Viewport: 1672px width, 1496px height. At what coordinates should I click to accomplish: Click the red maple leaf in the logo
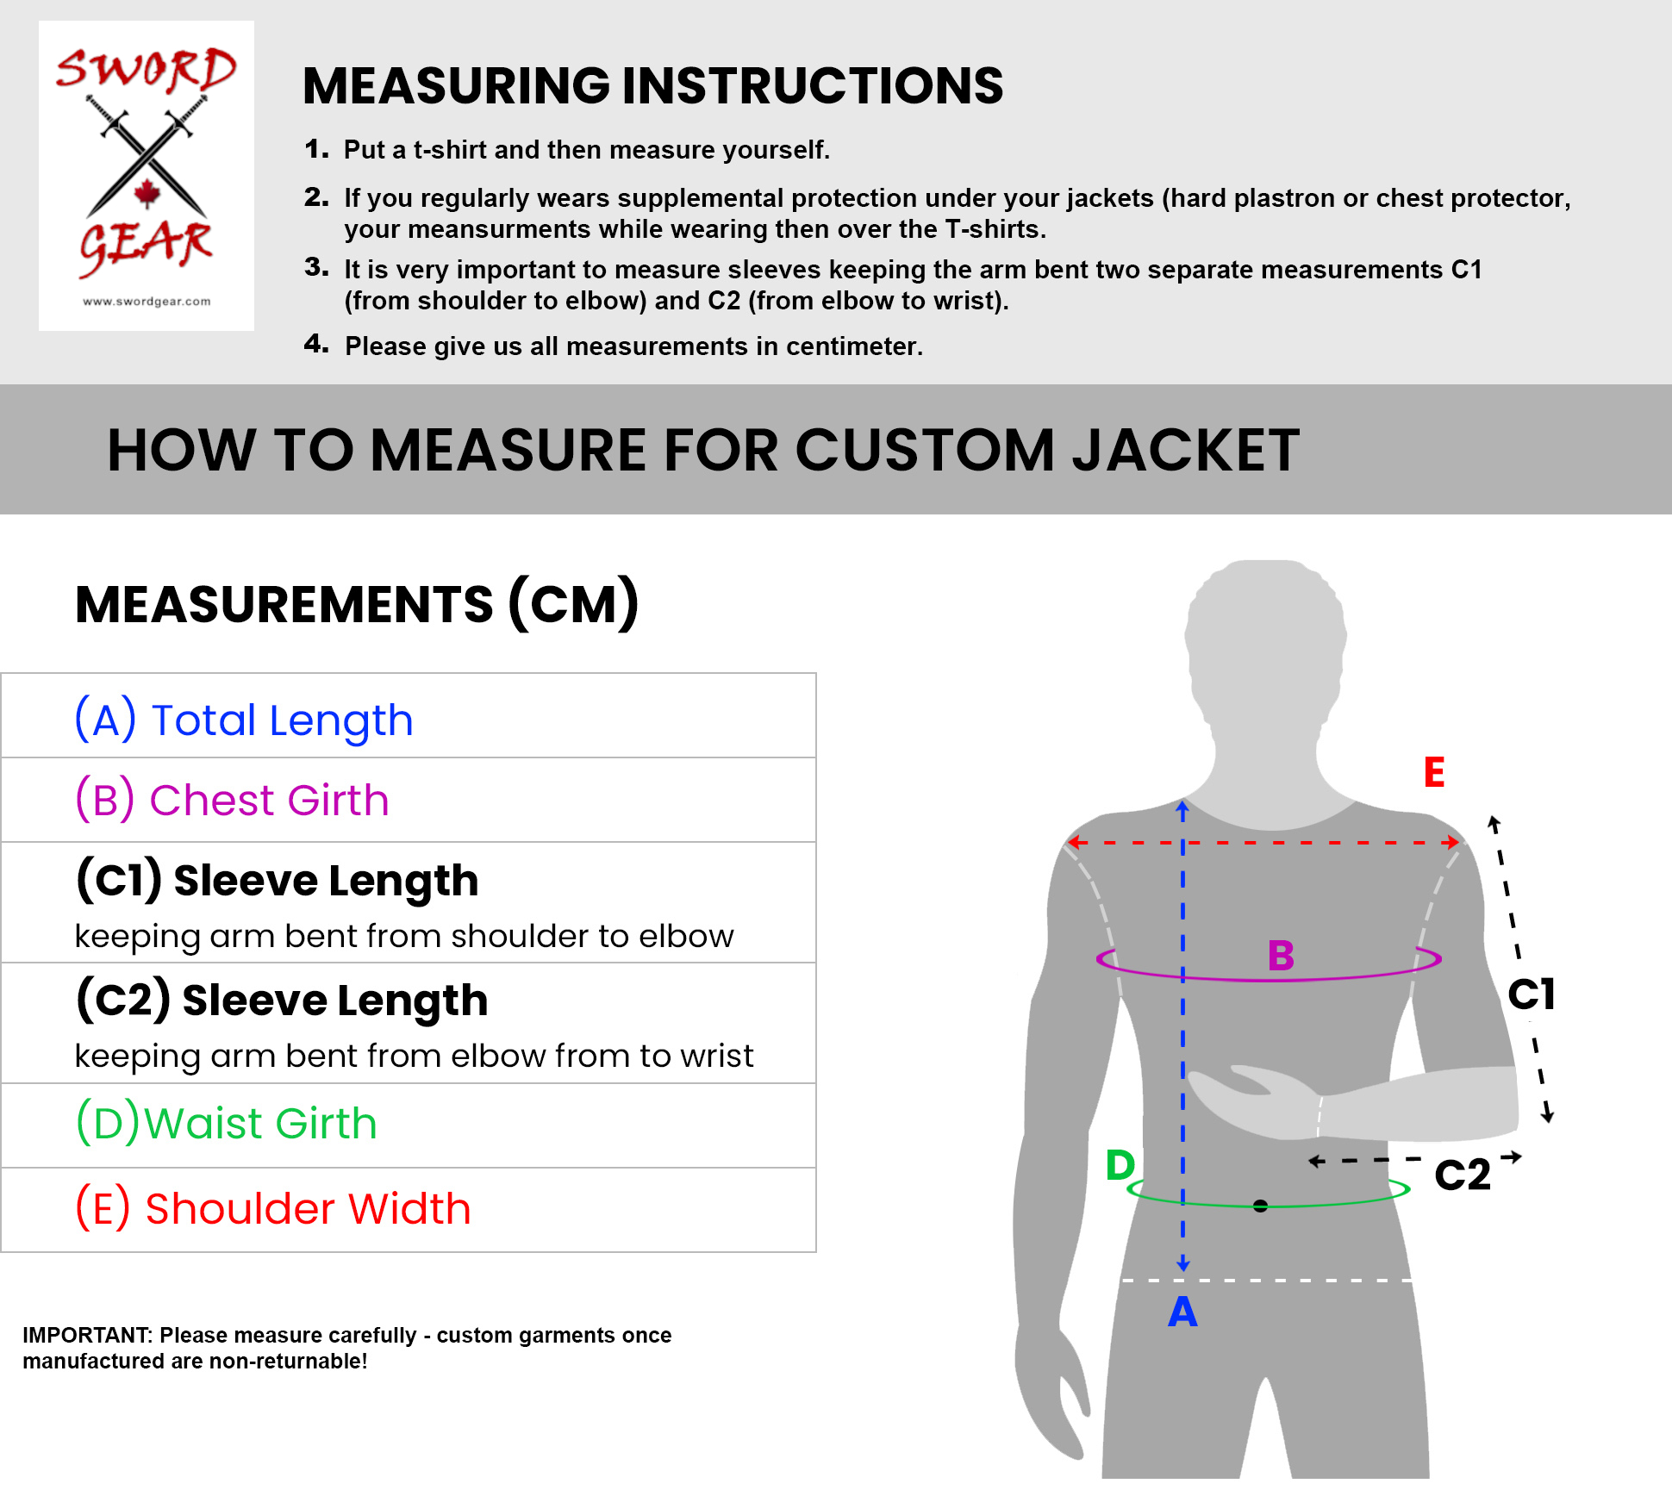(147, 194)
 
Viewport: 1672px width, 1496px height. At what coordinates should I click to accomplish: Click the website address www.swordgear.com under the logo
(147, 302)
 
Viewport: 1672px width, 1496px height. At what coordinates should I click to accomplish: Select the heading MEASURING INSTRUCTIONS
(653, 85)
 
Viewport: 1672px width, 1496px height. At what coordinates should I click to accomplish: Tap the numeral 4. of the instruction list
(316, 344)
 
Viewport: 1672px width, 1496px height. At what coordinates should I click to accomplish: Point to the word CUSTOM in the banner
(925, 450)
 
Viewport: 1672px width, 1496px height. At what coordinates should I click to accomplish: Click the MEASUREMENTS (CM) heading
(357, 603)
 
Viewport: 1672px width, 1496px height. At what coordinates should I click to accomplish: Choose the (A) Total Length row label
(244, 720)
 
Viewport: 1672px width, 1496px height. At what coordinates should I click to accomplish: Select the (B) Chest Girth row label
(232, 800)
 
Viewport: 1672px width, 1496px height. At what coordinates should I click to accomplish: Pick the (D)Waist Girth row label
(227, 1123)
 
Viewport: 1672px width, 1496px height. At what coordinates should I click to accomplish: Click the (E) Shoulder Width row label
(273, 1207)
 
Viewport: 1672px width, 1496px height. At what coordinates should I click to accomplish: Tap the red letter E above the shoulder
(1434, 772)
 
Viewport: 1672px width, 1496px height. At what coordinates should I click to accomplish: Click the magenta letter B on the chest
(1281, 955)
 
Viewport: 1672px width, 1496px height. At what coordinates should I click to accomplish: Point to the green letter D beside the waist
(1120, 1165)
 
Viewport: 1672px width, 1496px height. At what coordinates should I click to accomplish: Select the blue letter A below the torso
(1182, 1312)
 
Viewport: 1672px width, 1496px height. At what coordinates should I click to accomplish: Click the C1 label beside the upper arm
(1532, 994)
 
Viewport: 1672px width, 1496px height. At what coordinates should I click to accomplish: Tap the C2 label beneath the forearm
(1463, 1175)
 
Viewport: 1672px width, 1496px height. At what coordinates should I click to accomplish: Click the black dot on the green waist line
(1260, 1206)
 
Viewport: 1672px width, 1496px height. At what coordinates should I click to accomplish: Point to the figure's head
(1265, 646)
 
